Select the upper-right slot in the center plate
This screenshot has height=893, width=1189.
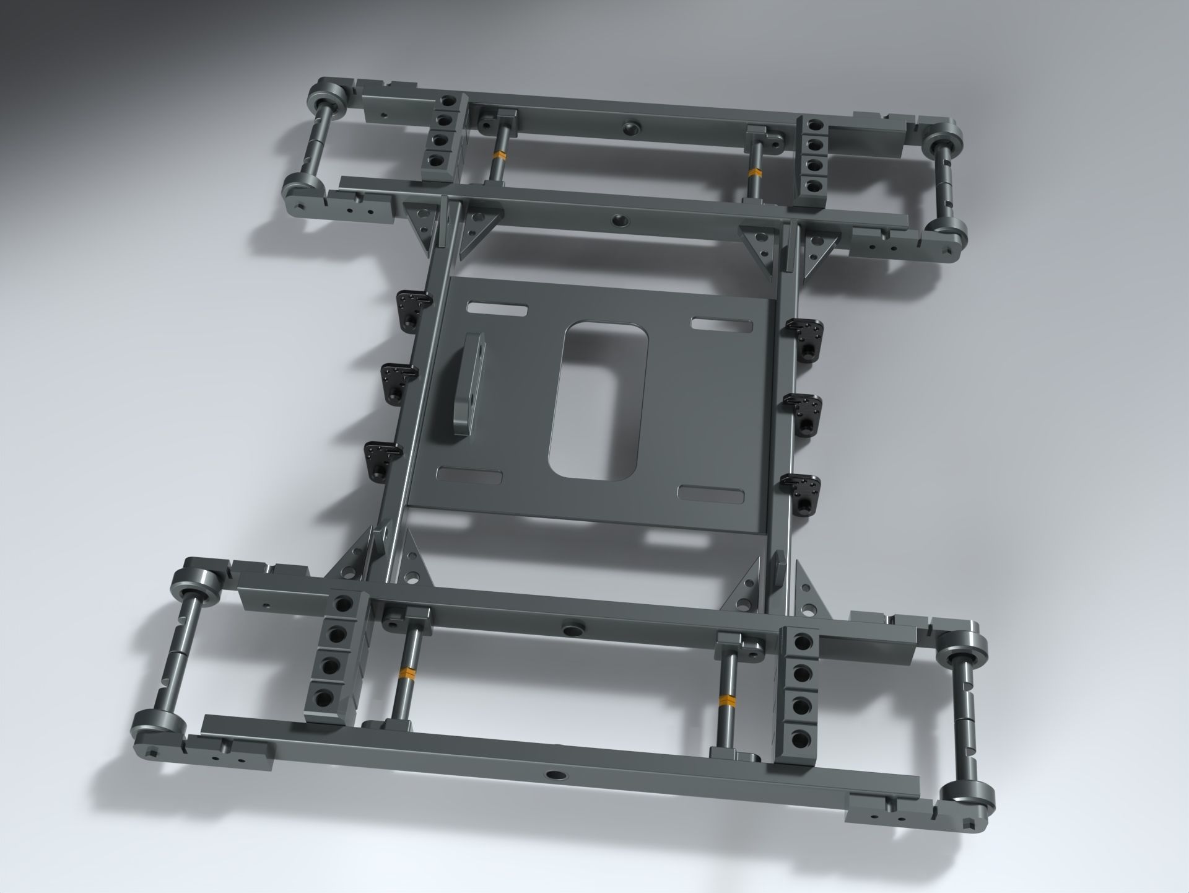click(x=722, y=323)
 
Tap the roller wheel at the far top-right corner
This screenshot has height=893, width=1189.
click(x=943, y=140)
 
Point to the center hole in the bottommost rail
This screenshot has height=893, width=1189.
click(x=552, y=775)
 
